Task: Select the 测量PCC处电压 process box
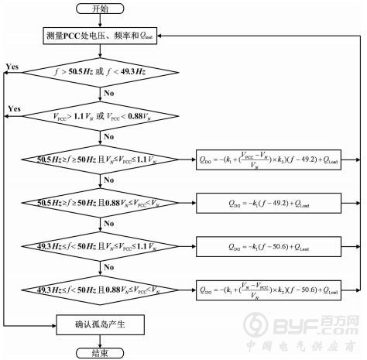click(x=101, y=36)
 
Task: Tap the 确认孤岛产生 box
click(x=101, y=325)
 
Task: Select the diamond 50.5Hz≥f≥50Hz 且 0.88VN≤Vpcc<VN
click(x=101, y=203)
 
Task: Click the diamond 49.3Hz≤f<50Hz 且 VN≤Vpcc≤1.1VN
click(x=101, y=246)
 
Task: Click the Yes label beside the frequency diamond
click(x=12, y=67)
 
